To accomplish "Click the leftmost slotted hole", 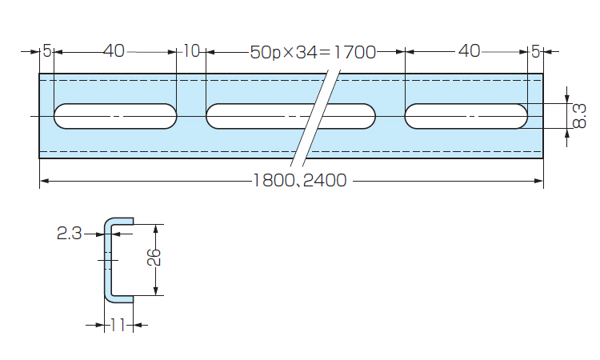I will pyautogui.click(x=115, y=116).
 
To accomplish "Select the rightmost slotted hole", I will pyautogui.click(x=466, y=116).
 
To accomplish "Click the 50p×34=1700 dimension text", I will pyautogui.click(x=313, y=53).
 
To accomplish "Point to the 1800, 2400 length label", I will pyautogui.click(x=300, y=181).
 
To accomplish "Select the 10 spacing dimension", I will pyautogui.click(x=191, y=52).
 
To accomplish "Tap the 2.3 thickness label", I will pyautogui.click(x=69, y=234).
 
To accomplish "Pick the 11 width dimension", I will pyautogui.click(x=117, y=326).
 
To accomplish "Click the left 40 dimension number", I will pyautogui.click(x=114, y=52).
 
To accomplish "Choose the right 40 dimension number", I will pyautogui.click(x=469, y=52).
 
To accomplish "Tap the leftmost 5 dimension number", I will pyautogui.click(x=47, y=52).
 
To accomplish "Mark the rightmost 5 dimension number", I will pyautogui.click(x=535, y=52).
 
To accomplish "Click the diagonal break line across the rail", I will pyautogui.click(x=314, y=118).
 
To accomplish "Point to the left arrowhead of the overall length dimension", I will pyautogui.click(x=43, y=181).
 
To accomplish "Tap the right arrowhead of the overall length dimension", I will pyautogui.click(x=540, y=181).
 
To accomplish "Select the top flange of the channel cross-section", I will pyautogui.click(x=120, y=220).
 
